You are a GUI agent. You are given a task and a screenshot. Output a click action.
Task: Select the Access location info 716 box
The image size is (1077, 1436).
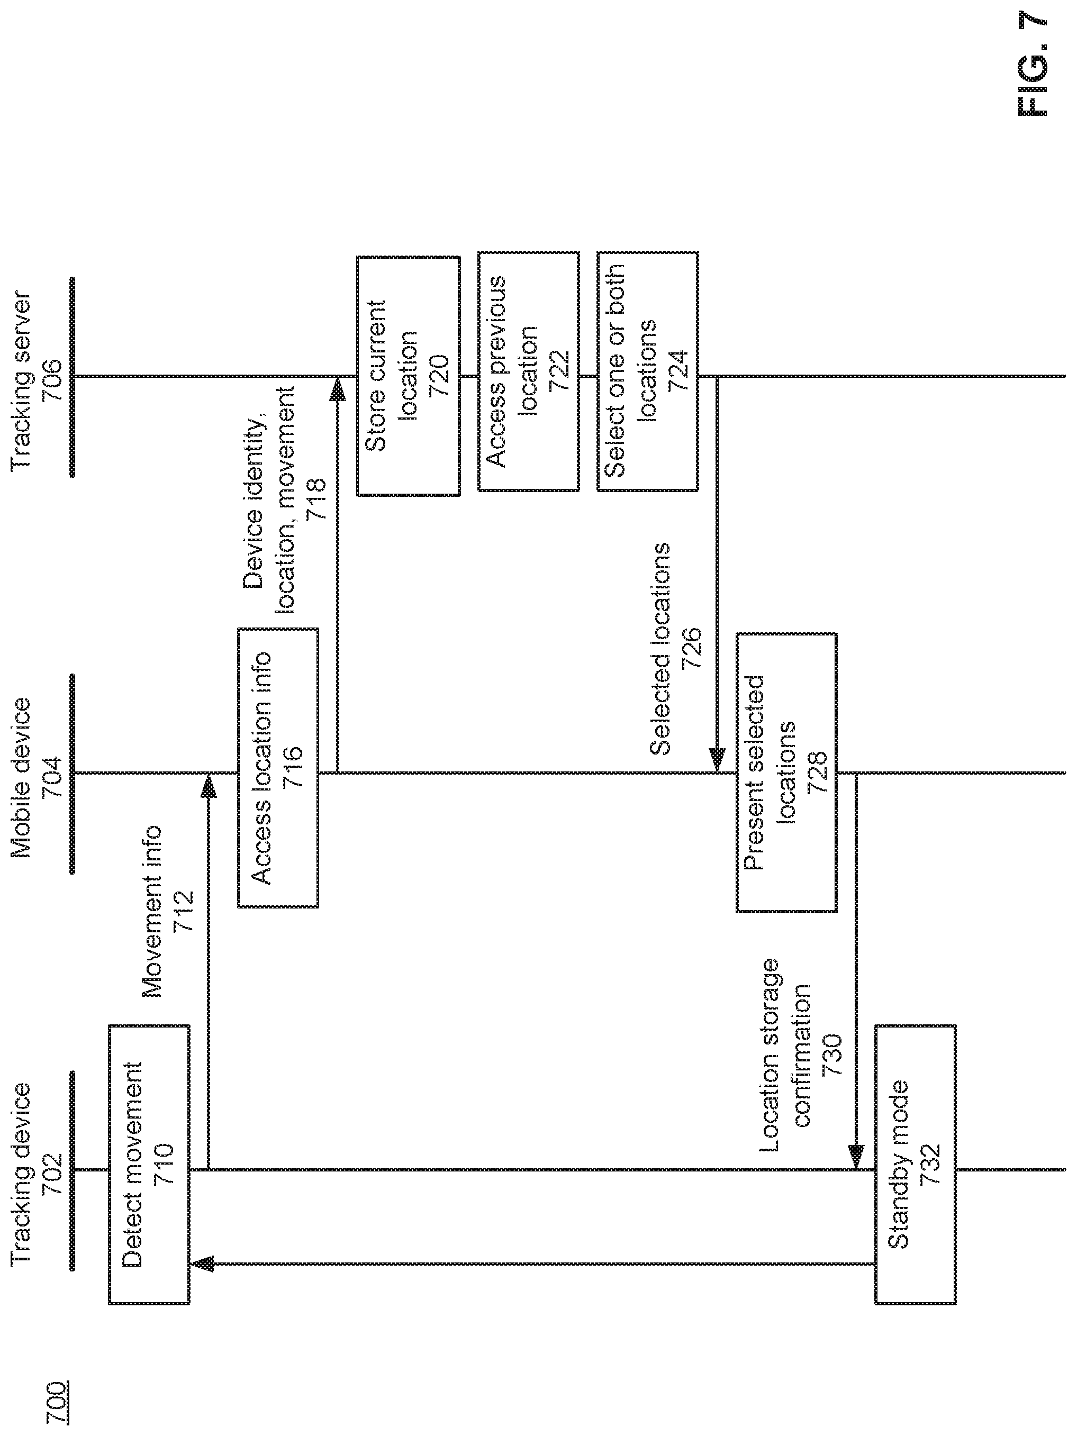tap(278, 768)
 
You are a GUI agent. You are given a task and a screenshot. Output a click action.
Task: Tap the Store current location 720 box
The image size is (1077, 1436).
tap(409, 376)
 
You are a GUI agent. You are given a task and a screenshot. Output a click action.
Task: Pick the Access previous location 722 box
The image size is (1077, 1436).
tap(528, 371)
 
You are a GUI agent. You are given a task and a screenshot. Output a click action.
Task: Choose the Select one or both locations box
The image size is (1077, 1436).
tap(648, 371)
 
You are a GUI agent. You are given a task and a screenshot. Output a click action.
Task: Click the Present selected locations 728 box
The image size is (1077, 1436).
tap(786, 772)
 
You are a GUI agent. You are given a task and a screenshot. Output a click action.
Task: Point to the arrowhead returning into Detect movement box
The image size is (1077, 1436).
tap(201, 1264)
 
